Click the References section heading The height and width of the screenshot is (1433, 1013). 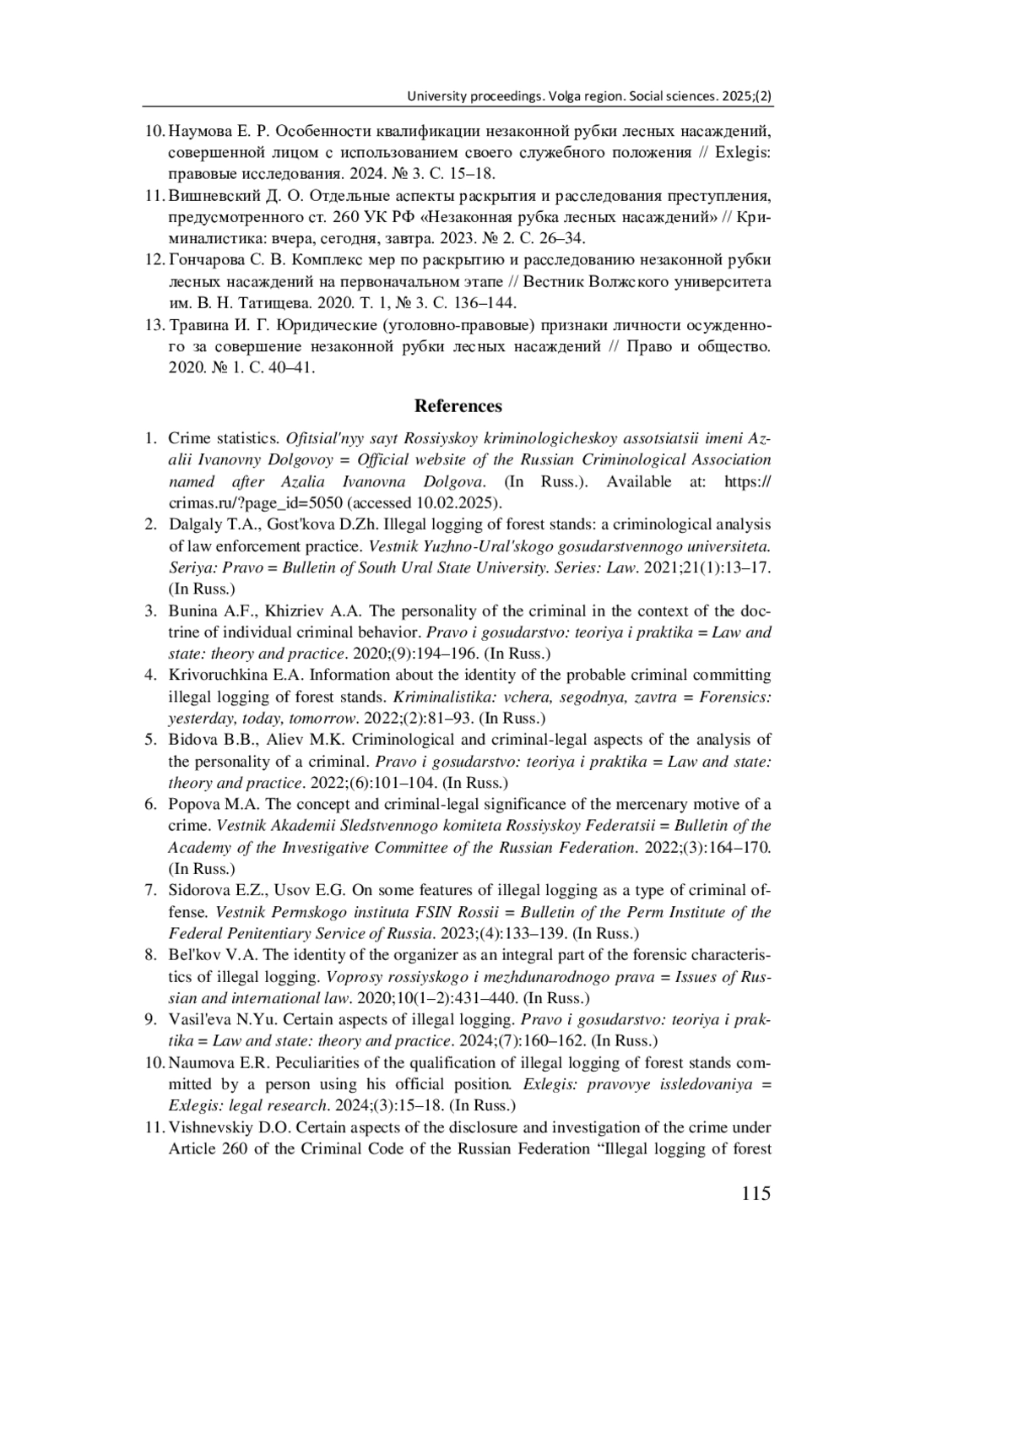(458, 406)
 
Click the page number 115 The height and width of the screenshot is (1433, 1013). (756, 1193)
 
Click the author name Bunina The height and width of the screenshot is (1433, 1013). (193, 611)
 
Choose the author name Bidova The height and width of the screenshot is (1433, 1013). (192, 740)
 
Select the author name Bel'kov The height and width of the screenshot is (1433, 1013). (192, 955)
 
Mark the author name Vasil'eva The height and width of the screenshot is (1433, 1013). (198, 1019)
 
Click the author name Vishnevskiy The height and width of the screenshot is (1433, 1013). (210, 1127)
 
